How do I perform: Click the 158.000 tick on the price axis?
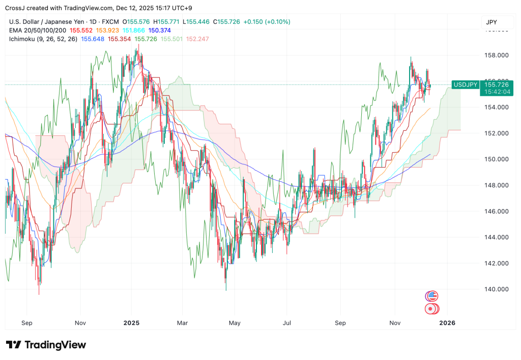496,55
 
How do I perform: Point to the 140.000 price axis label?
496,289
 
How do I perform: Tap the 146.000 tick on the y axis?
496,211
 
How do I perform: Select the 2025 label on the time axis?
131,323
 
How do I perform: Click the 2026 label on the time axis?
447,323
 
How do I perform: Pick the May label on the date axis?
235,323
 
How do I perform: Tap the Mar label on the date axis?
183,323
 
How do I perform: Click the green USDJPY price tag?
466,84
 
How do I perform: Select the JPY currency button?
491,22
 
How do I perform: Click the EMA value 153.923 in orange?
107,31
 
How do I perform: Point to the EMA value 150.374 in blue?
159,31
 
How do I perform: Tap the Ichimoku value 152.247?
197,39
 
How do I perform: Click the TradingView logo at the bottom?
46,345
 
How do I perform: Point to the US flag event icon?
432,296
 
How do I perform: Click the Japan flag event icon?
431,309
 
